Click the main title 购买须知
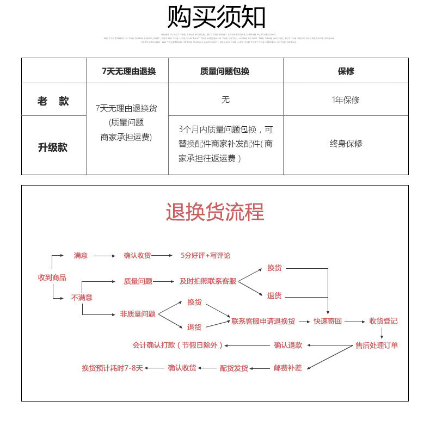pos(216,17)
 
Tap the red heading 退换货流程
pos(215,212)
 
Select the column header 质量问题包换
pos(225,71)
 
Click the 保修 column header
pos(346,71)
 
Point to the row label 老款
pos(53,101)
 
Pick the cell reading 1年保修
pos(346,100)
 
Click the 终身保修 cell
pos(346,144)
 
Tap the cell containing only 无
pos(225,100)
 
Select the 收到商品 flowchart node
pos(52,277)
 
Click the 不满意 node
pos(82,298)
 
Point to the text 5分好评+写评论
pos(206,255)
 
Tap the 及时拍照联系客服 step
pos(208,281)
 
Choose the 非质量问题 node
pos(138,314)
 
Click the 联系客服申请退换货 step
pos(263,321)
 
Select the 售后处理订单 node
pos(377,345)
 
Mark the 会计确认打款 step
pos(177,345)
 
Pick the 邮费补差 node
pos(288,368)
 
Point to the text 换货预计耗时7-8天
pos(112,368)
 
